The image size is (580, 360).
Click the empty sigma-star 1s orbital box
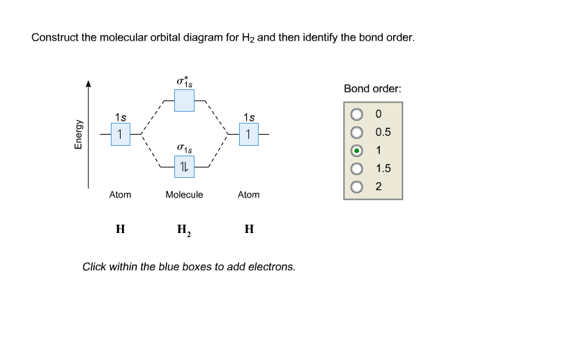tap(184, 100)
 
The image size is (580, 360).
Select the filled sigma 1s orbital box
tap(184, 167)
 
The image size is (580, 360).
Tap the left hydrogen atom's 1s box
tap(120, 134)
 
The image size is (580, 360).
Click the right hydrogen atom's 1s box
tap(249, 134)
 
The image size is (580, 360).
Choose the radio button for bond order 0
tap(357, 114)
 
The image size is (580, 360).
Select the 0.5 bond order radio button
tap(357, 133)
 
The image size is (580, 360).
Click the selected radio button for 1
tap(357, 151)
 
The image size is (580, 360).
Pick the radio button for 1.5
tap(357, 169)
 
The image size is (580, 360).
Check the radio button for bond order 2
tap(357, 187)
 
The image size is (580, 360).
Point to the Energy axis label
tap(78, 135)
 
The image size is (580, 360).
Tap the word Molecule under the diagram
tap(184, 195)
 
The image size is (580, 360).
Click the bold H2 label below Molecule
tap(184, 230)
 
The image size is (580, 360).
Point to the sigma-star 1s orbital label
tap(184, 82)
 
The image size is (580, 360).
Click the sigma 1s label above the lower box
tap(184, 149)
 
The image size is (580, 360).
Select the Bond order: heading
tap(372, 89)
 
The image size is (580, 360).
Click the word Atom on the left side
tap(120, 195)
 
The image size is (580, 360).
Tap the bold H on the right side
tap(249, 229)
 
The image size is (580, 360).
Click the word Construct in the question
tap(55, 38)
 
